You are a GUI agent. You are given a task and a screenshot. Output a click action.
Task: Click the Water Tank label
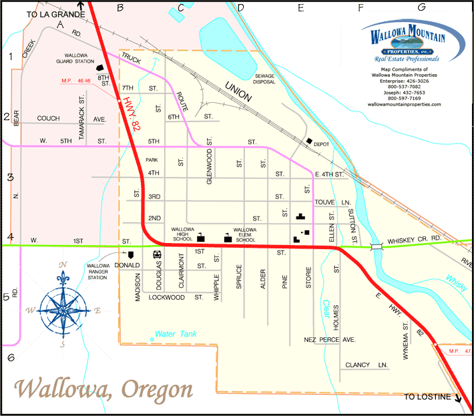[173, 334]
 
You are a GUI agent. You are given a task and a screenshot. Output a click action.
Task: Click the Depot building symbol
[309, 142]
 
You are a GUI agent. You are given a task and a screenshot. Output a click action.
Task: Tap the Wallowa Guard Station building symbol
[101, 67]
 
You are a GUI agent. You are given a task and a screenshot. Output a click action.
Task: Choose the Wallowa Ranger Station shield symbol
[131, 254]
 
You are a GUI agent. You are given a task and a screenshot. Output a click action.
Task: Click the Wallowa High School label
[182, 234]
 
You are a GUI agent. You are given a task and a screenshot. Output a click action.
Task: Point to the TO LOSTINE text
[427, 397]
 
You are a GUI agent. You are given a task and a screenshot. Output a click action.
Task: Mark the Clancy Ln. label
[367, 365]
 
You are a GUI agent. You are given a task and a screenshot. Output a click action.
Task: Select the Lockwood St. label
[176, 297]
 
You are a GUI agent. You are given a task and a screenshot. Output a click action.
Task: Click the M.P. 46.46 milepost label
[75, 81]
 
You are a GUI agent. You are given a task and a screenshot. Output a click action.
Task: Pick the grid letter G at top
[421, 7]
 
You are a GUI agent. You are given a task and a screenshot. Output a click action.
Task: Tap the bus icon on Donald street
[157, 254]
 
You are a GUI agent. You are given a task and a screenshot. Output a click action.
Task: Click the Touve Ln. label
[332, 201]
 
